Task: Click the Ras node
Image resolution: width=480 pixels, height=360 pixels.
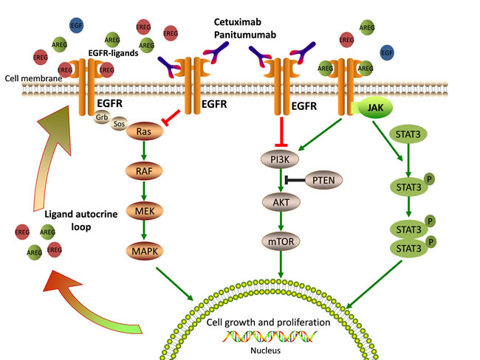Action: tap(144, 131)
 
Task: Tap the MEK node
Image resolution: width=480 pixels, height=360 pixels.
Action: tap(144, 212)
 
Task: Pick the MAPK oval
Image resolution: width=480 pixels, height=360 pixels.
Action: tap(144, 252)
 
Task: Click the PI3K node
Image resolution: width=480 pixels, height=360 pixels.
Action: tap(279, 158)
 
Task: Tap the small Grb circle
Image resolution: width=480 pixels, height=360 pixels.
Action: tap(103, 116)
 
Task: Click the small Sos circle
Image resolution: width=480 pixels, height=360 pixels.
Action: tap(119, 125)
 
